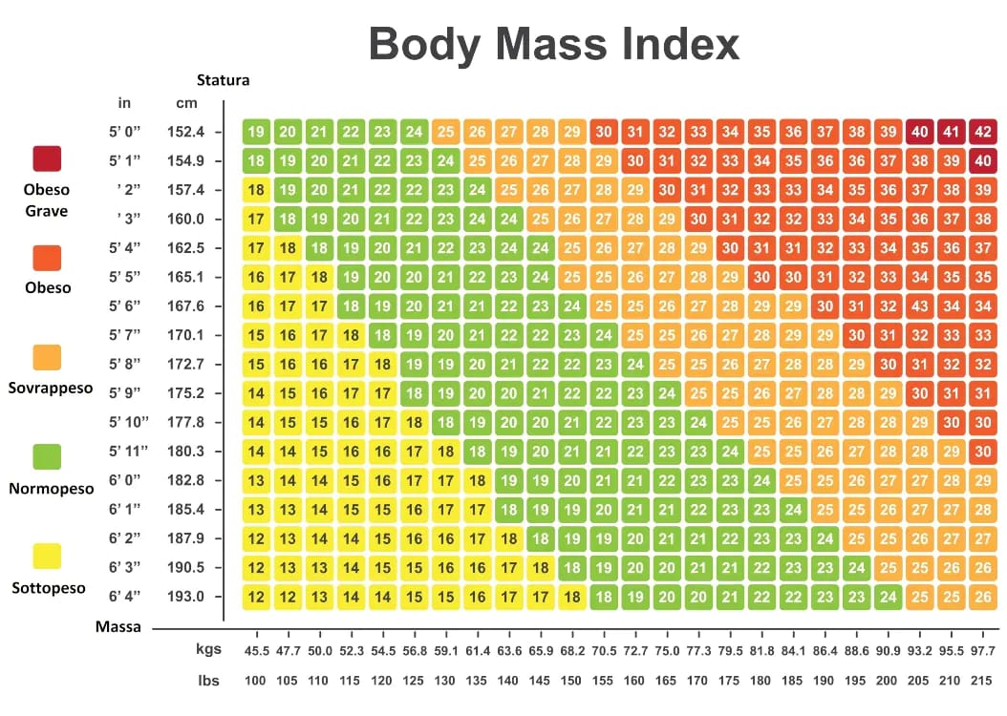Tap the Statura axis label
[223, 80]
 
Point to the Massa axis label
[118, 627]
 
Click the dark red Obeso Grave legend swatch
[47, 158]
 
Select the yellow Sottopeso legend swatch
[47, 557]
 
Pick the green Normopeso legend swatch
[47, 457]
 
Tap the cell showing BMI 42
[982, 132]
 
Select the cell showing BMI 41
[951, 132]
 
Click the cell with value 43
[919, 306]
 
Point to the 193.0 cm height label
[186, 597]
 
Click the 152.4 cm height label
[186, 132]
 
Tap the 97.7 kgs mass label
[982, 650]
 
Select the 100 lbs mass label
[256, 680]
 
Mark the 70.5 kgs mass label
[603, 650]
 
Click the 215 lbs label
[982, 680]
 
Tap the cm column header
[186, 103]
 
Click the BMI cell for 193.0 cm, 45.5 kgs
[256, 597]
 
